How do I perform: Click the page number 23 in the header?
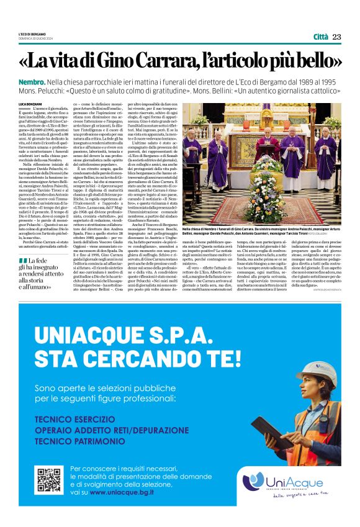point(337,37)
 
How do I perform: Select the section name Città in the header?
point(321,37)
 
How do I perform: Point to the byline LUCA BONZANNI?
point(30,103)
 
